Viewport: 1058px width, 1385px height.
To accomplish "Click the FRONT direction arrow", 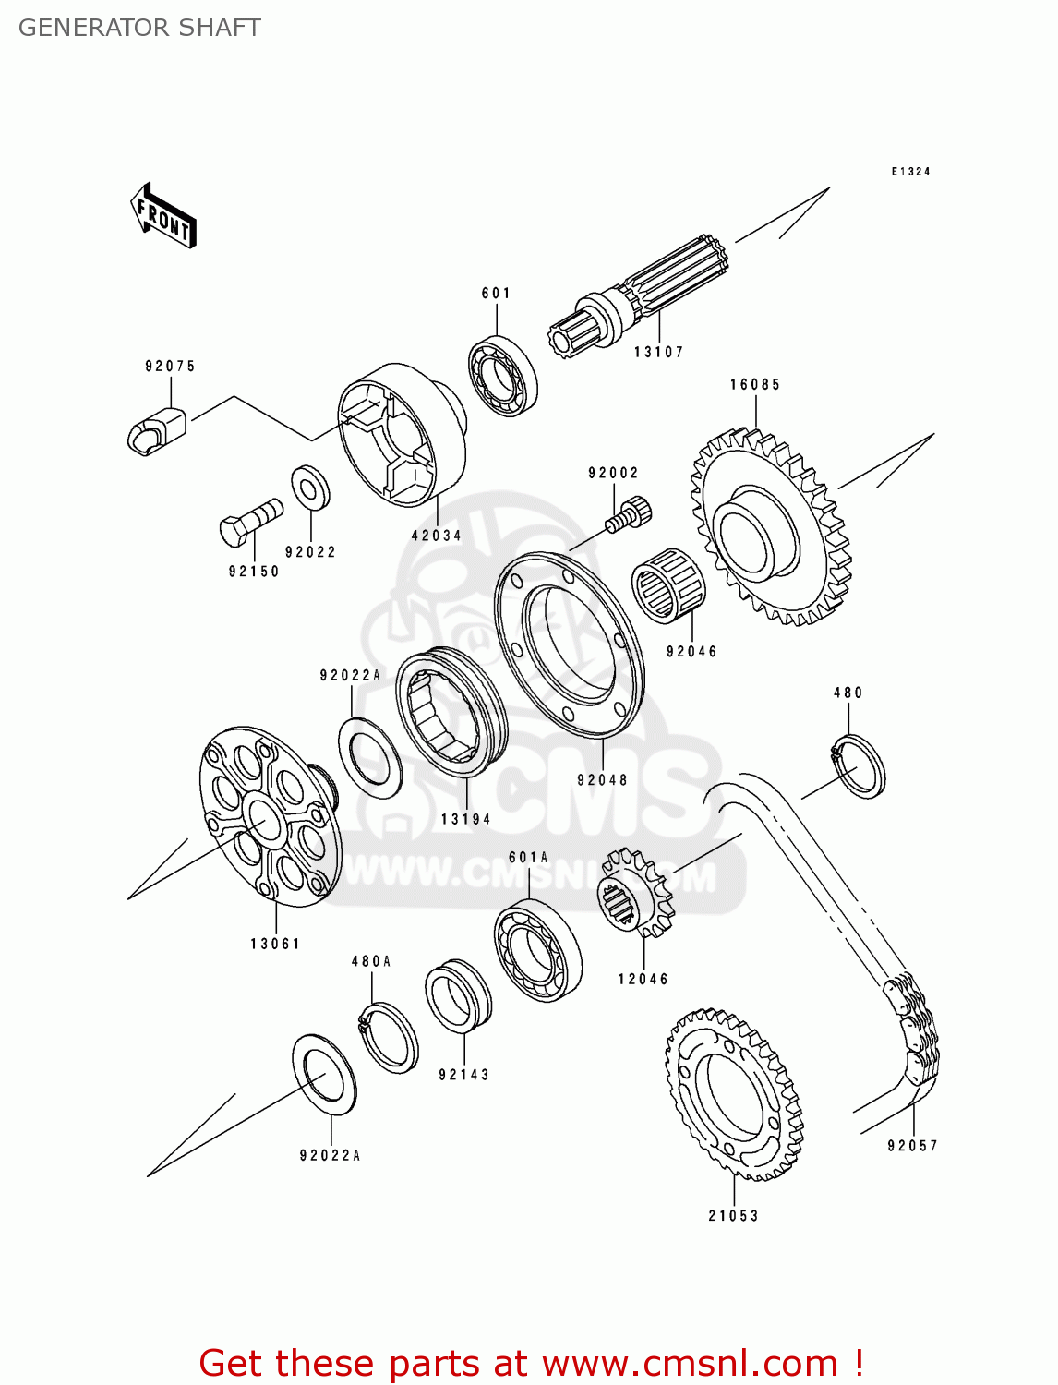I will coord(163,216).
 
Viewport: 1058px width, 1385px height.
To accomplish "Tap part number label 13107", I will coord(658,352).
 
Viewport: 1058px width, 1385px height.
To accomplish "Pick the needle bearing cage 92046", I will coord(668,585).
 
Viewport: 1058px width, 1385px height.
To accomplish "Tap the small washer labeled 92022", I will coord(310,488).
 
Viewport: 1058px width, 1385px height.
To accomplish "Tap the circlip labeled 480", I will coord(859,765).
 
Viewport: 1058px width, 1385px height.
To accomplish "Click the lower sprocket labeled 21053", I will coord(734,1094).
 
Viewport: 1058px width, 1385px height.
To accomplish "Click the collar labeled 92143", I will coord(458,997).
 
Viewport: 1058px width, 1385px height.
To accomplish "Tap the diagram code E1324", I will coord(910,172).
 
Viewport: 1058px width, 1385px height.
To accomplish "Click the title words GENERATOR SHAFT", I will coord(139,28).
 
